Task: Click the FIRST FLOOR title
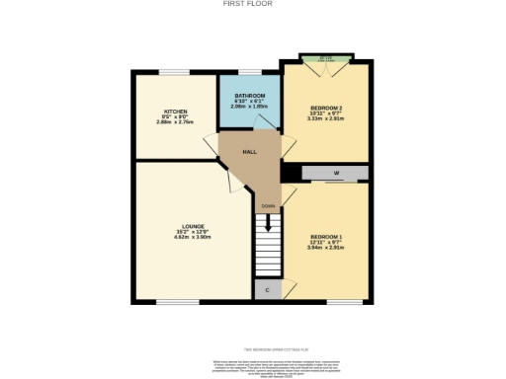point(252,4)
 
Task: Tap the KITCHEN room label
point(175,112)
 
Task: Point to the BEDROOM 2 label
point(326,106)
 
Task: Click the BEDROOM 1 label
point(326,237)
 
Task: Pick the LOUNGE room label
point(180,228)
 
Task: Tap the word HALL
point(250,152)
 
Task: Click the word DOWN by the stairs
point(268,206)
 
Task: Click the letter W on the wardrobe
point(337,175)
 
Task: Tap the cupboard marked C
point(267,290)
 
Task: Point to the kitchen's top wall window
point(175,71)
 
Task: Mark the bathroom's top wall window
point(248,71)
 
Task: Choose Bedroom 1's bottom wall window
point(345,302)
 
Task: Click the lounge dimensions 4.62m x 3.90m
point(180,238)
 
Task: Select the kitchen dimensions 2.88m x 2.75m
point(175,122)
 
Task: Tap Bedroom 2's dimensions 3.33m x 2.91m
point(326,116)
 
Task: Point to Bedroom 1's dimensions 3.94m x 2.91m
point(326,248)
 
